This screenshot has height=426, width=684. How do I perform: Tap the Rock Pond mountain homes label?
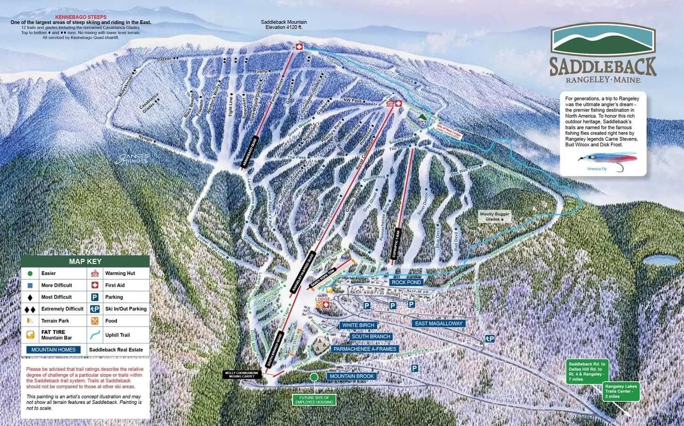(406, 282)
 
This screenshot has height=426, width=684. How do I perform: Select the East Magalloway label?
(439, 324)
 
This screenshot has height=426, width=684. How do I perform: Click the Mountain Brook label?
(351, 376)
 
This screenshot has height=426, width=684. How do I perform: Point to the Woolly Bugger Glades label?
(495, 217)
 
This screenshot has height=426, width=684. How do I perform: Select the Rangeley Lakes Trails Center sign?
(621, 392)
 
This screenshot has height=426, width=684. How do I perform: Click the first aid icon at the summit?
(298, 46)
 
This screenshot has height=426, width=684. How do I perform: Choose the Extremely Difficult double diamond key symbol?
(30, 309)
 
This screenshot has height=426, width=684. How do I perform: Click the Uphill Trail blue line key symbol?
(95, 335)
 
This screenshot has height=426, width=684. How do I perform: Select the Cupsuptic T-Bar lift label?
(396, 244)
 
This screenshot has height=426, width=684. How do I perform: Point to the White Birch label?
(358, 326)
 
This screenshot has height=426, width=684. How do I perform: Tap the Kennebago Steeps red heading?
(81, 17)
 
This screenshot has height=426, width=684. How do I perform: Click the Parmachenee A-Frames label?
(364, 349)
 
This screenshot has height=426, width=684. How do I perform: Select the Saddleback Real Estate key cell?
(116, 350)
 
